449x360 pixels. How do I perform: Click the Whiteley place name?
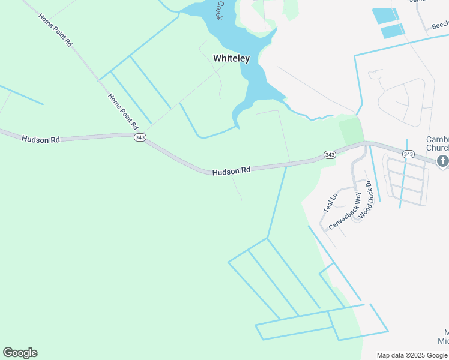pos(231,58)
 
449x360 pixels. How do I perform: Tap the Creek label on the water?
pos(220,11)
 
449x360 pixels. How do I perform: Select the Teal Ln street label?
pos(330,203)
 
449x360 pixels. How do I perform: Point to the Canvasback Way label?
pos(345,211)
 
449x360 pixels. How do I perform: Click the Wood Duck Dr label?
pos(366,196)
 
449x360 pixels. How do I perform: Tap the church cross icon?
pos(443,160)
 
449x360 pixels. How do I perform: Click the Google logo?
pos(20,353)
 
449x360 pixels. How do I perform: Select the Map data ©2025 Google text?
pos(412,355)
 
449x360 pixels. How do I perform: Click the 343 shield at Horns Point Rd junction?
pos(140,137)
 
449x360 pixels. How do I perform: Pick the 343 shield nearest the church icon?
pos(408,154)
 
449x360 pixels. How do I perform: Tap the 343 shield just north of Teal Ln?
pos(330,155)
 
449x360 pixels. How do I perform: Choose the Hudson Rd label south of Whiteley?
pos(231,171)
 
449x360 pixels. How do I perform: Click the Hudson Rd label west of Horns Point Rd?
pos(41,139)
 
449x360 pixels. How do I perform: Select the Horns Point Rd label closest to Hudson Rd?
pos(123,112)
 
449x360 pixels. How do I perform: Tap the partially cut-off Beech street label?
pos(439,25)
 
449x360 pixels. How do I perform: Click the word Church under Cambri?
pos(437,148)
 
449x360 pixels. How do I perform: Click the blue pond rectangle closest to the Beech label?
pos(393,31)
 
